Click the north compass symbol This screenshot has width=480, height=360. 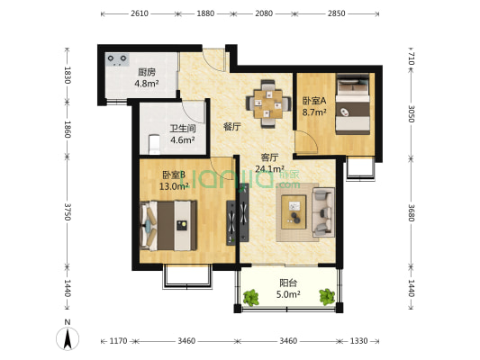(x=68, y=338)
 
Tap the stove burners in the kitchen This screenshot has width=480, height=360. (x=117, y=59)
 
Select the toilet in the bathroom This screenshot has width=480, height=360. (x=154, y=144)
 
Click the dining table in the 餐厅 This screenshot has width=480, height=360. (x=268, y=103)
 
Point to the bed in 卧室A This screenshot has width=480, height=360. (x=352, y=104)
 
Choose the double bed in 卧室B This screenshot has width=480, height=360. (x=168, y=225)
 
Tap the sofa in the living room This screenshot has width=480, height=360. (x=323, y=212)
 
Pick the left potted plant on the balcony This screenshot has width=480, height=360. (x=251, y=298)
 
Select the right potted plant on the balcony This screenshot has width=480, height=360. (x=327, y=297)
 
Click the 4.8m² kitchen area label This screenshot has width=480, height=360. (x=147, y=83)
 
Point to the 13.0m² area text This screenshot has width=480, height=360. (x=174, y=186)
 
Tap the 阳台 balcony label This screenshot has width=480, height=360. (x=288, y=283)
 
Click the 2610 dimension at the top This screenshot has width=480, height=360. (x=140, y=13)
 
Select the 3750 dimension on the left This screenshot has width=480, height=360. (x=68, y=211)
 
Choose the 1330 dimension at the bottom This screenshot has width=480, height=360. (x=358, y=340)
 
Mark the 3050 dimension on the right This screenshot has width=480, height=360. (x=412, y=113)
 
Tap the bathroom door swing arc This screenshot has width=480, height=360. (x=192, y=111)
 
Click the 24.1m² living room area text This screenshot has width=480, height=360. (x=269, y=168)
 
